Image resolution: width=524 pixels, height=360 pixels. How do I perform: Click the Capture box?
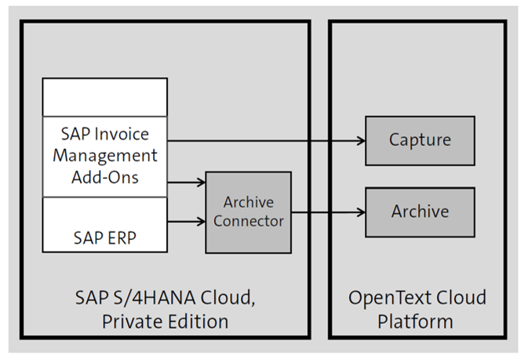click(420, 140)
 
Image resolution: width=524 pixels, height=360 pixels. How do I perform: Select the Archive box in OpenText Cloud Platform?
click(420, 211)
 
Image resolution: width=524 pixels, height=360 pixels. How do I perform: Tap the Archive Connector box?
click(248, 212)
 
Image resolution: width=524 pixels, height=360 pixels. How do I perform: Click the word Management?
click(105, 155)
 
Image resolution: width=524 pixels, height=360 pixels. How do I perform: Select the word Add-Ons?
click(105, 176)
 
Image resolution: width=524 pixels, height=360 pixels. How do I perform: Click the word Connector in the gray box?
click(248, 221)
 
